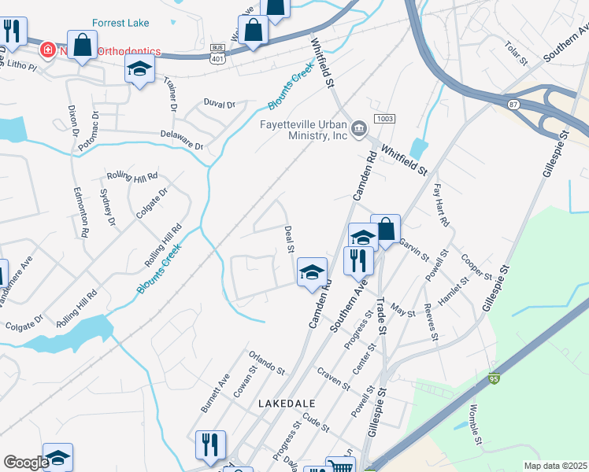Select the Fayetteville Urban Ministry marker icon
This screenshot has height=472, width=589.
(x=359, y=127)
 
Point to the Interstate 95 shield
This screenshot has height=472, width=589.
(x=494, y=379)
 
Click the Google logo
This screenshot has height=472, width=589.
(x=25, y=463)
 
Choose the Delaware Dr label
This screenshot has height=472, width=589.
(x=183, y=140)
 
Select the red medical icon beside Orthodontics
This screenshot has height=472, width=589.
(x=48, y=50)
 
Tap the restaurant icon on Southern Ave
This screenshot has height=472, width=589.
(x=358, y=259)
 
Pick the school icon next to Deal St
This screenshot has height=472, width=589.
(x=312, y=271)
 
